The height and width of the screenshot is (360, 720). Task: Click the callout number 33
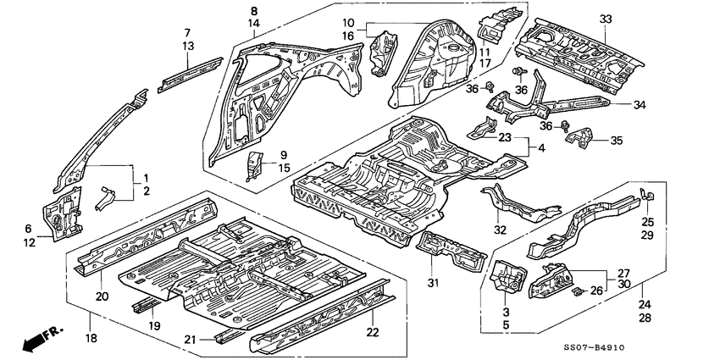pos(604,19)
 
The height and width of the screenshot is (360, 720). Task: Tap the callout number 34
pos(639,105)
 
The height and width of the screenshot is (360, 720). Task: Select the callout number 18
pos(91,339)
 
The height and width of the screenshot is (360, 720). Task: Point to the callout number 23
pos(505,137)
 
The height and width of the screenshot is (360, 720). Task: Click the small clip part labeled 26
pos(576,291)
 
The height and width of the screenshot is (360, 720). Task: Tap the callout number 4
pos(542,149)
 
